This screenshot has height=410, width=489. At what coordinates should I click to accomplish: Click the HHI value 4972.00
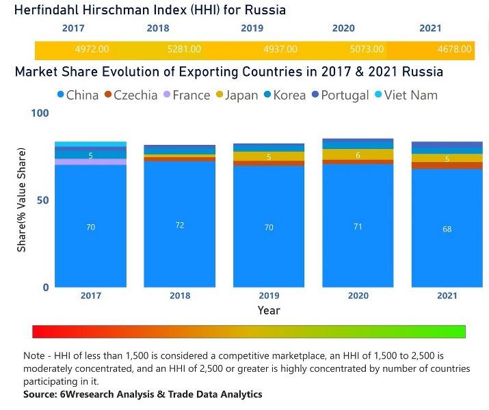pos(92,50)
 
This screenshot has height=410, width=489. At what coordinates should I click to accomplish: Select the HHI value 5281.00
pos(184,50)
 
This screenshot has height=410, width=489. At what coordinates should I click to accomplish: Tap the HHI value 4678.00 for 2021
pos(455,50)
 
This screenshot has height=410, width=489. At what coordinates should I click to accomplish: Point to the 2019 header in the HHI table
pos(252,29)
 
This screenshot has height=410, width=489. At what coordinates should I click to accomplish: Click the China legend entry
pos(75,95)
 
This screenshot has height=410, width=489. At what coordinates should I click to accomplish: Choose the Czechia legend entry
pos(130,95)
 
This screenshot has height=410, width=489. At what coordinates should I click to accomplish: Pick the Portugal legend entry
pos(338,95)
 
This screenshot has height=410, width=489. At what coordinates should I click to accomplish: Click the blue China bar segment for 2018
pos(179,225)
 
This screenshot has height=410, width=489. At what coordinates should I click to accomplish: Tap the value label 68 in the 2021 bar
pos(447,229)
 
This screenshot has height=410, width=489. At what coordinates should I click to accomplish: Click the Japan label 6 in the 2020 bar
pos(358,155)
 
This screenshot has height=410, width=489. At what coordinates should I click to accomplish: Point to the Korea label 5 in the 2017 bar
pos(90,156)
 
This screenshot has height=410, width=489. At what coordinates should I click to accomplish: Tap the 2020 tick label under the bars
pos(358,296)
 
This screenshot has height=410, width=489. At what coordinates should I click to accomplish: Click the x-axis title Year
pos(269,310)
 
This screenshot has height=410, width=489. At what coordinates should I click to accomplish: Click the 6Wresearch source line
pos(142,394)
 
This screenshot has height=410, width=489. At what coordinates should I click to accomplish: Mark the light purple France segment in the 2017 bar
pos(90,162)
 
